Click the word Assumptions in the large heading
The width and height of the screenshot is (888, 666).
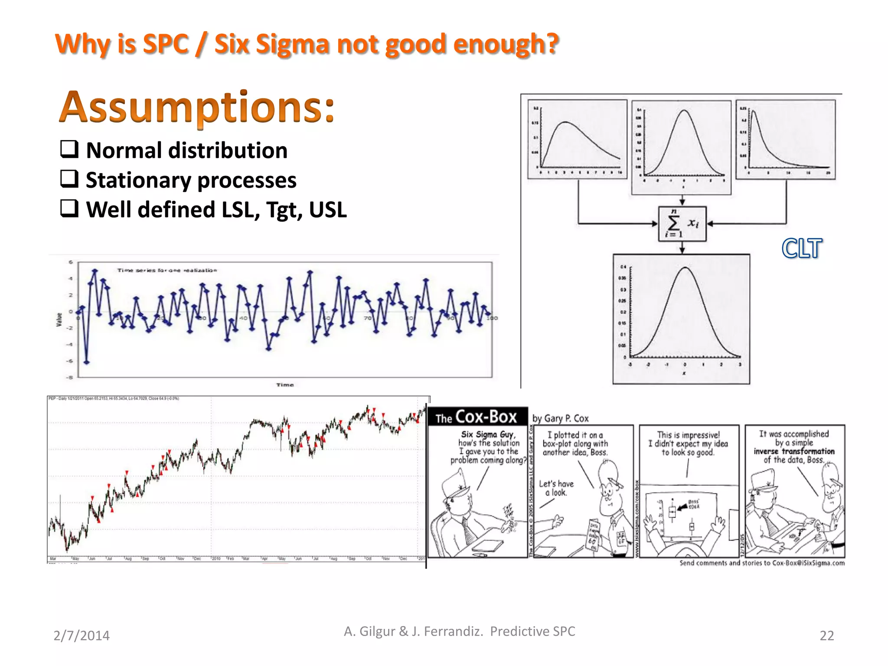pos(197,107)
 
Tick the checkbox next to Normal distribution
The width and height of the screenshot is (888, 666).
pos(69,149)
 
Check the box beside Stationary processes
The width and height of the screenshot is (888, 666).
pos(69,179)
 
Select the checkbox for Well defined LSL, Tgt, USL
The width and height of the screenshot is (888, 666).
pos(69,209)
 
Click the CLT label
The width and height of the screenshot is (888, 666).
pos(802,248)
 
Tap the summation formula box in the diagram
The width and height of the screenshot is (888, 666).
pos(682,224)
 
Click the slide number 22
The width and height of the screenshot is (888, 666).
pos(826,636)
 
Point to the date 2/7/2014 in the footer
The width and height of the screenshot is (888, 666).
pos(82,636)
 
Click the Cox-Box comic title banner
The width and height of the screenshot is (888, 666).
pos(477,417)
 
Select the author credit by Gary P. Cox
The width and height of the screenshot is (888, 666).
pos(560,418)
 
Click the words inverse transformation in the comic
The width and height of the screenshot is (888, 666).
pos(793,451)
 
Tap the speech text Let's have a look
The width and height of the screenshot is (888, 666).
pos(556,488)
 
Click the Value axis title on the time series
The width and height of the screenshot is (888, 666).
pos(59,320)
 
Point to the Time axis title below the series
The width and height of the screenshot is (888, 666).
pos(285,385)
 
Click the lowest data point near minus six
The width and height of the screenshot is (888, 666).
pos(87,362)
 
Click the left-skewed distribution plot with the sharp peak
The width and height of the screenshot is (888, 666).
pos(785,140)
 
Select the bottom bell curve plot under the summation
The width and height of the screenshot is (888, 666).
pos(681,319)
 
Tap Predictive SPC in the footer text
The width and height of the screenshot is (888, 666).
pos(532,631)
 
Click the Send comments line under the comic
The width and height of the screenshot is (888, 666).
pos(762,563)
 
